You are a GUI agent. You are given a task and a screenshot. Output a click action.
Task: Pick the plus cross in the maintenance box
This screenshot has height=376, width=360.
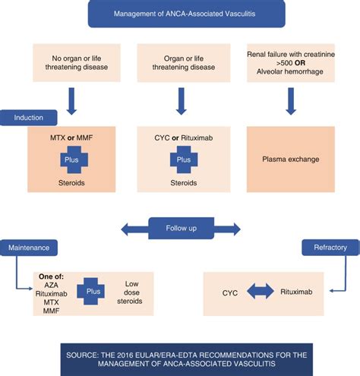click(93, 290)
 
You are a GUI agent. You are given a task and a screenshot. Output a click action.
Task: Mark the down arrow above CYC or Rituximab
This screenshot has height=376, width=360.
click(182, 100)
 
